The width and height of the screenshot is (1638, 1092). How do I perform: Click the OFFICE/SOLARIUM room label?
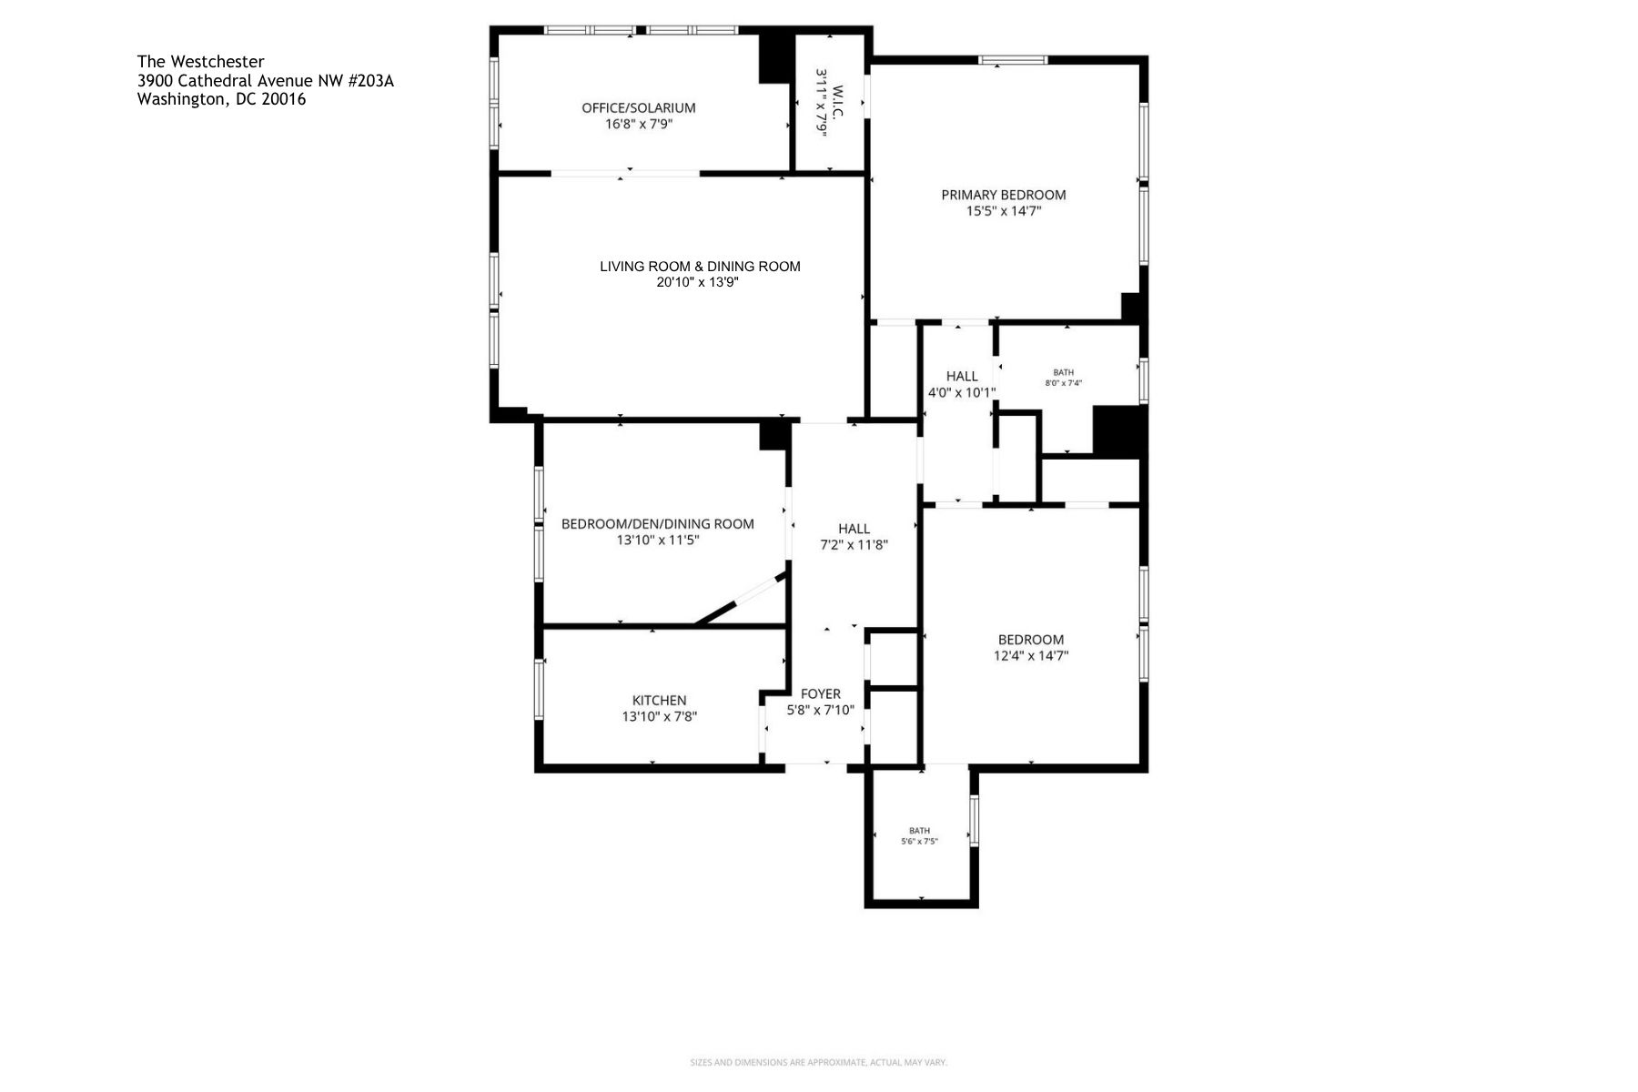638,107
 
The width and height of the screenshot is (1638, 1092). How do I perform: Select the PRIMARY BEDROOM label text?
1003,195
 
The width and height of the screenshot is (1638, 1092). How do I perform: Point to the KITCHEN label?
659,701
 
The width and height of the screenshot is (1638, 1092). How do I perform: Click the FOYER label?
820,694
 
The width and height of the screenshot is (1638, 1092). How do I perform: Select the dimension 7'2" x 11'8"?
854,545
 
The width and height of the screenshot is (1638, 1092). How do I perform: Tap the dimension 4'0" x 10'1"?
961,393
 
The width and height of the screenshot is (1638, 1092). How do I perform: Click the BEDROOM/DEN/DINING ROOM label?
657,524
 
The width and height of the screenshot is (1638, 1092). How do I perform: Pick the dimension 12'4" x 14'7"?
1030,656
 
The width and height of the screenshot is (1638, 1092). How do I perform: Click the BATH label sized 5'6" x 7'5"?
919,831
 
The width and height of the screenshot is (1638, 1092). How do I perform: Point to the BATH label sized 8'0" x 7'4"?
1063,372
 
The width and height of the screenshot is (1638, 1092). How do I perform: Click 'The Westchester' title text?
200,62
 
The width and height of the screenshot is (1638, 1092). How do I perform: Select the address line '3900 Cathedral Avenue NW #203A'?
265,81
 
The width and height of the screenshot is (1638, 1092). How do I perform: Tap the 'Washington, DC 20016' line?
221,100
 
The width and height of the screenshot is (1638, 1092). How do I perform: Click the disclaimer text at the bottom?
818,1062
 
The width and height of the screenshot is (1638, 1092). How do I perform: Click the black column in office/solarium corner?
776,58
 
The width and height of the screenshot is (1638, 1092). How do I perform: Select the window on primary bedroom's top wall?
1012,60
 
